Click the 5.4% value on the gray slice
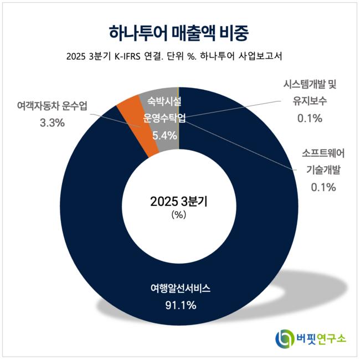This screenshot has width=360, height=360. coord(164,135)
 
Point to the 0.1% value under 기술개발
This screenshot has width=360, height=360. coord(323,187)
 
